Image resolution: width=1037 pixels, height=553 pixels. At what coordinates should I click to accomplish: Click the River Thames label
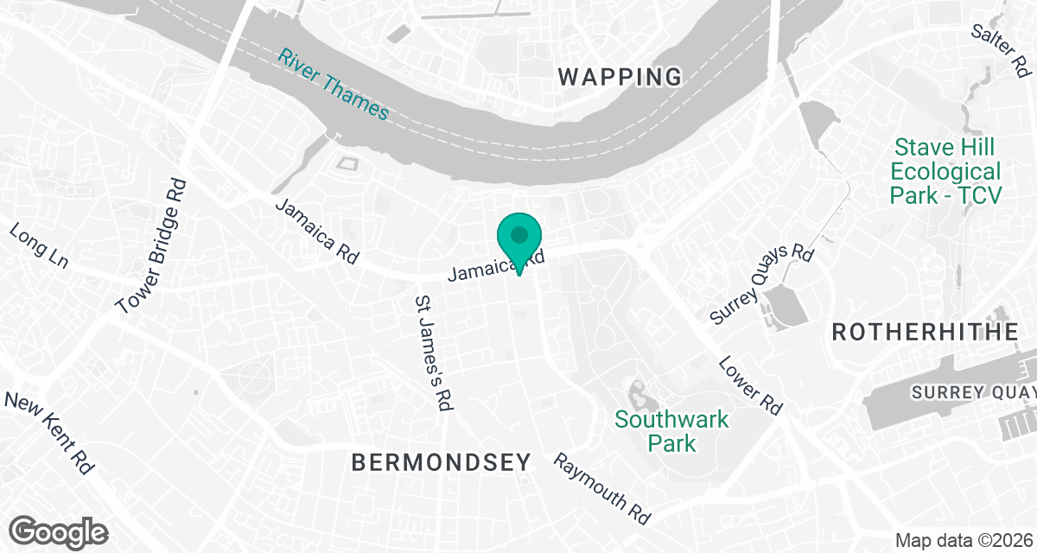click(x=334, y=83)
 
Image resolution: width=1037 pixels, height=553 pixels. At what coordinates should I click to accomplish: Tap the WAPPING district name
click(x=620, y=77)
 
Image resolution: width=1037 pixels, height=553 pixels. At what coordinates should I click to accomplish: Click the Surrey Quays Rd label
click(x=761, y=283)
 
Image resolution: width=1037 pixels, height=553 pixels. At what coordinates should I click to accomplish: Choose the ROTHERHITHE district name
click(x=926, y=332)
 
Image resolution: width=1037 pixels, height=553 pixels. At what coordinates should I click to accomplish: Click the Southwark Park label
click(x=671, y=431)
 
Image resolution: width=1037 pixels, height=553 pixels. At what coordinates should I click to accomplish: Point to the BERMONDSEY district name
click(x=441, y=463)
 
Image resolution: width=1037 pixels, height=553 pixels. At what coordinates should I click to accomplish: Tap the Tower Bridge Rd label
click(x=152, y=246)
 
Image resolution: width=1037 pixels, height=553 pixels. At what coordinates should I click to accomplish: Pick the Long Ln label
click(x=38, y=245)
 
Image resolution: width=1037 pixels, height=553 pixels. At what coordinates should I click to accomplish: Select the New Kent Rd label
click(x=49, y=432)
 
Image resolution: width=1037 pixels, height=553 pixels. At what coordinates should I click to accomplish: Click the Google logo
click(x=59, y=531)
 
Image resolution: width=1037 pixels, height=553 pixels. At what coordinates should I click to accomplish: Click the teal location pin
click(x=518, y=238)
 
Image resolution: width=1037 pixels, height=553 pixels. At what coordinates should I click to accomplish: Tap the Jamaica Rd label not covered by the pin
click(x=316, y=231)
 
